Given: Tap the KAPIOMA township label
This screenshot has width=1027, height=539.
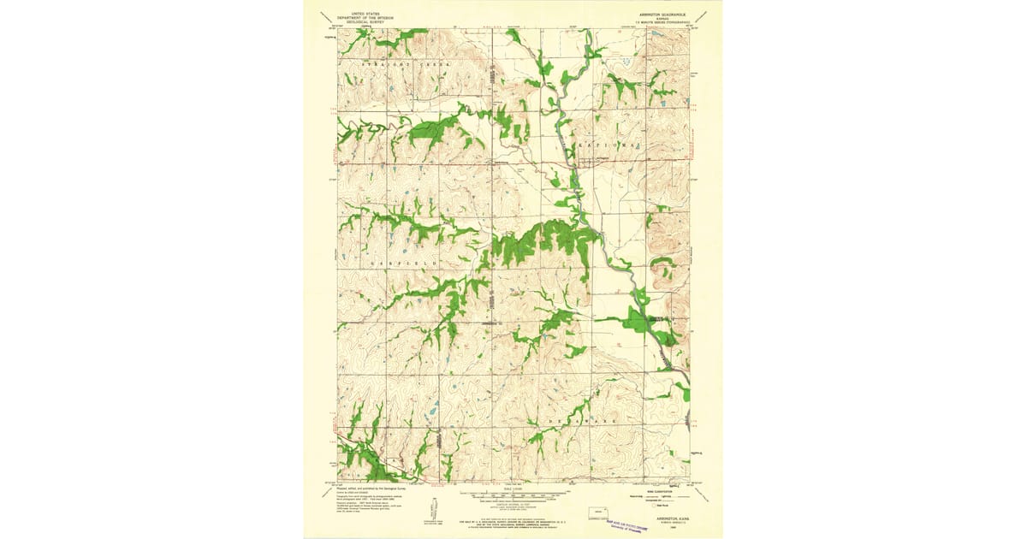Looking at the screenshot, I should pos(609,146).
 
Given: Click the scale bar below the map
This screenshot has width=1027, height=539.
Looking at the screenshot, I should pos(513,495).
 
